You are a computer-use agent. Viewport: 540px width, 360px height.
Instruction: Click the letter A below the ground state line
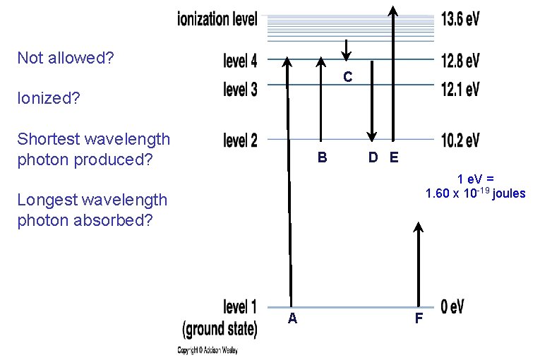point(292,319)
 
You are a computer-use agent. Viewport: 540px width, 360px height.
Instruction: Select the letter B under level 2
point(322,157)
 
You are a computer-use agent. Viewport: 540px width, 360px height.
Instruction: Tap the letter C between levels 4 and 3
point(347,76)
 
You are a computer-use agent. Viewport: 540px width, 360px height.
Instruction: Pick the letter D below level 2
point(373,157)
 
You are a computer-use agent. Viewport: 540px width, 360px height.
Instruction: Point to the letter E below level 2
point(393,157)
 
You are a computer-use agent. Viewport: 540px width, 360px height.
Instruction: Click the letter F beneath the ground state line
point(419,319)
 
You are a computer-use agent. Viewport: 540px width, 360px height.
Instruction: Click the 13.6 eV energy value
point(459,18)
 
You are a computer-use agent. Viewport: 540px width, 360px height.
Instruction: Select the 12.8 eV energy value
point(459,61)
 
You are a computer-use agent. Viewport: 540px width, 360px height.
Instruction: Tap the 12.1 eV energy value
point(459,89)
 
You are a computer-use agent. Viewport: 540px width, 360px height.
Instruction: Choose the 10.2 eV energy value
point(459,140)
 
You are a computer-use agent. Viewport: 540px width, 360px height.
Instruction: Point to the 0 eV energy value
point(452,307)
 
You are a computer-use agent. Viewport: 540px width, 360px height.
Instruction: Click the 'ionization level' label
point(217,18)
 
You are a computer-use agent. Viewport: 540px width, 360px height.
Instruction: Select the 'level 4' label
point(240,61)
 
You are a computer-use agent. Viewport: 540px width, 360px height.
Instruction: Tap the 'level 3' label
point(240,89)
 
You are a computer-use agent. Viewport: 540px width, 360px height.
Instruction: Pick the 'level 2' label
point(240,140)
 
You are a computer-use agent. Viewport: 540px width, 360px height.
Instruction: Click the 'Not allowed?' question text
point(65,58)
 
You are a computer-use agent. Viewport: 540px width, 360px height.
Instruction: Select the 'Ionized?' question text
point(48,98)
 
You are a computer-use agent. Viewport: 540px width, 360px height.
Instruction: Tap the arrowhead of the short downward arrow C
point(346,56)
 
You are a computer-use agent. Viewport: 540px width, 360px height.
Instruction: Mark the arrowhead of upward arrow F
point(419,227)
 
